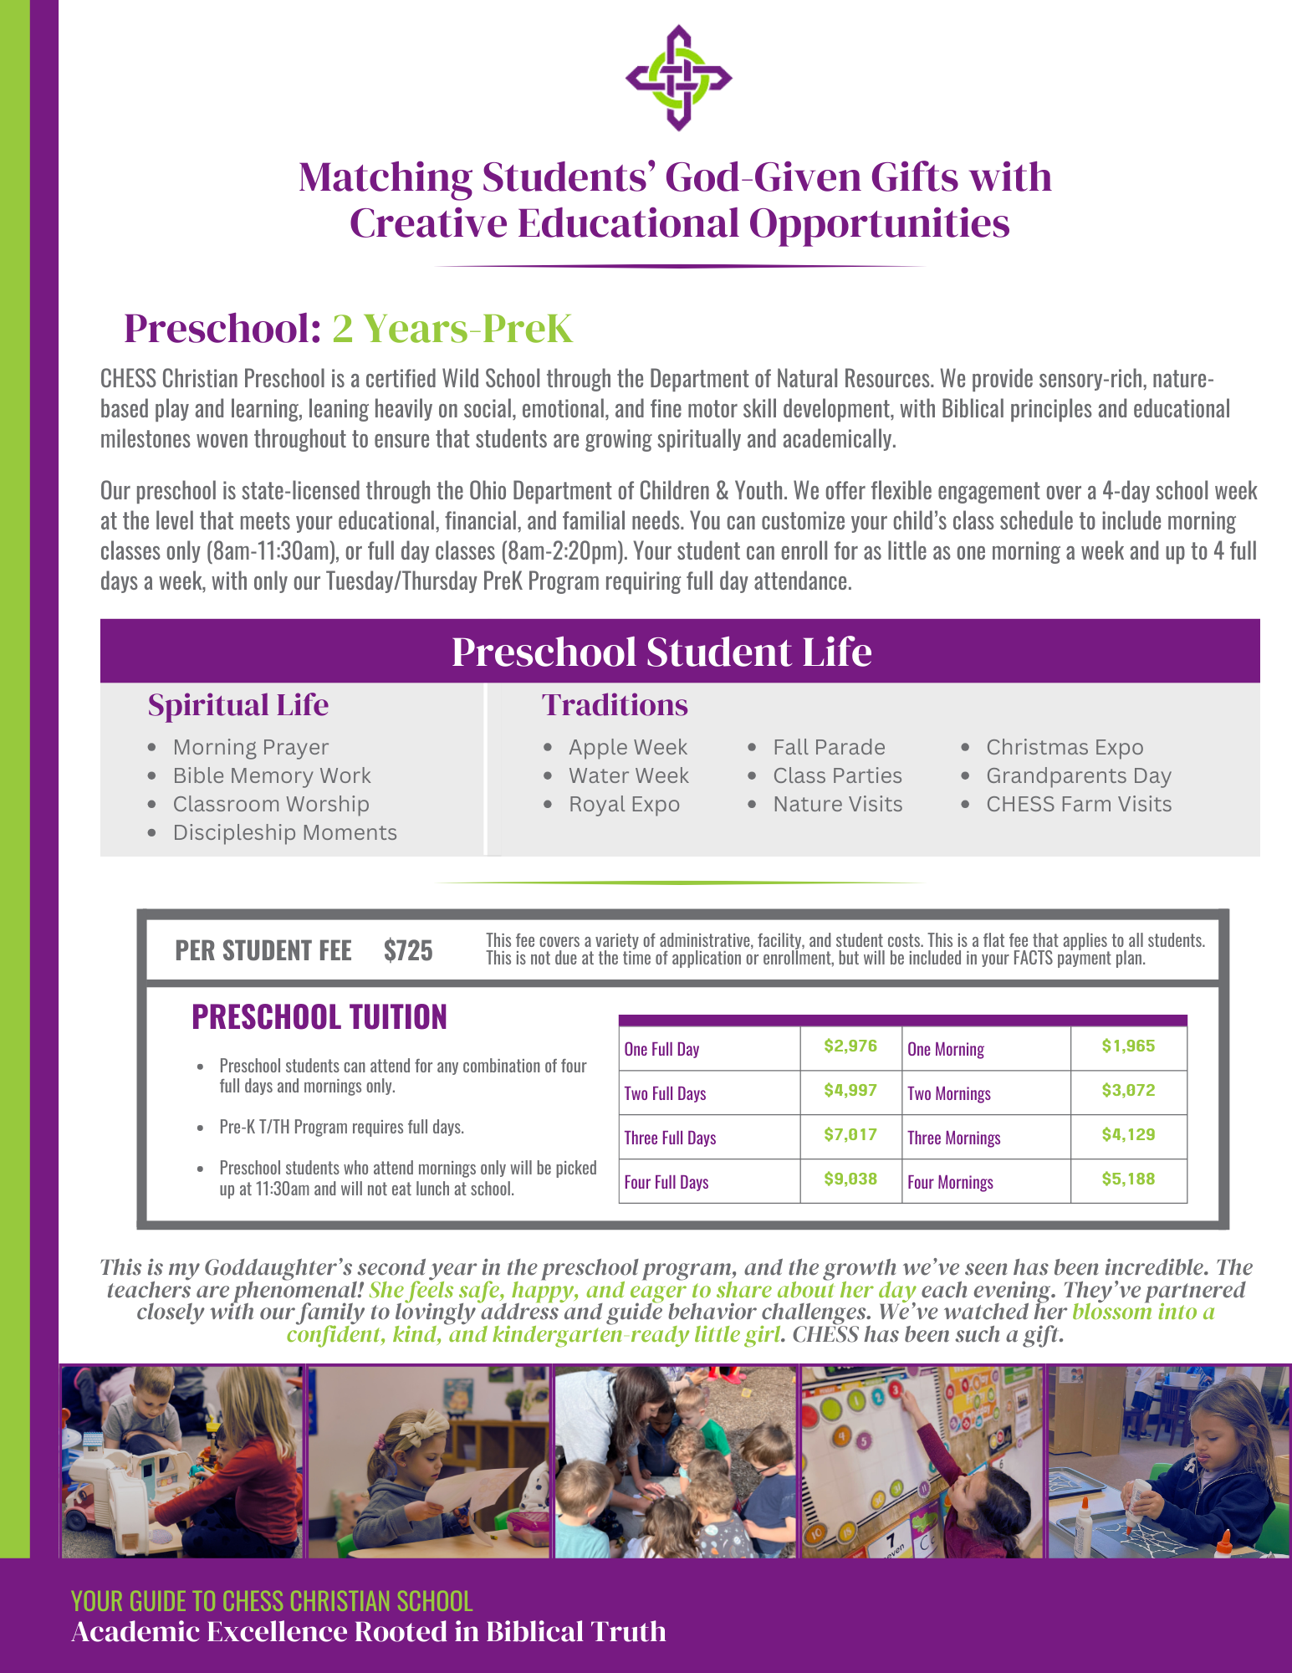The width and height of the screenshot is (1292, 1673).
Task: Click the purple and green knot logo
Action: click(x=678, y=78)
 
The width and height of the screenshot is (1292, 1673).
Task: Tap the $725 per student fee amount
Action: click(x=408, y=951)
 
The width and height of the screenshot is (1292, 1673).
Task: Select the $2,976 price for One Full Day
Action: click(x=850, y=1046)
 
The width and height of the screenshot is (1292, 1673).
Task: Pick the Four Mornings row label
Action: click(x=950, y=1182)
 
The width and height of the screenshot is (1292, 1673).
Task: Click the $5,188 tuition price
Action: click(x=1128, y=1179)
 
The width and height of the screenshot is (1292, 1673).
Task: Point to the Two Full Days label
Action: click(x=665, y=1093)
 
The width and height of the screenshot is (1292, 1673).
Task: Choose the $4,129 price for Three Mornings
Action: click(x=1128, y=1135)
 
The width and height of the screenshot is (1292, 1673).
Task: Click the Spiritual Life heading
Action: click(x=238, y=705)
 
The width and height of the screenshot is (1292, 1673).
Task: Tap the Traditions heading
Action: click(x=615, y=705)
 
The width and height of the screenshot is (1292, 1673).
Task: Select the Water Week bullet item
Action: click(x=628, y=775)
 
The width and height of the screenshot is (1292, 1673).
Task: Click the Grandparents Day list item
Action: click(x=1078, y=775)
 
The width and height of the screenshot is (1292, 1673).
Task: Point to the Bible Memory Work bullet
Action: click(x=271, y=775)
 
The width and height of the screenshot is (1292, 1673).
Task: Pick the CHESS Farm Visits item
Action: click(x=1078, y=804)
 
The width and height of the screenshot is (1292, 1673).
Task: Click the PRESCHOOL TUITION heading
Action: click(x=319, y=1017)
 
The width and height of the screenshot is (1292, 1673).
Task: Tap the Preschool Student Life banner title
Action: click(x=661, y=652)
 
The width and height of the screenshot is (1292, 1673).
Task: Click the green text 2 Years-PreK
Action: click(x=452, y=328)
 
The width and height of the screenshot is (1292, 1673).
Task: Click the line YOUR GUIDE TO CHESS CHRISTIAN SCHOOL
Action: click(x=272, y=1601)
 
